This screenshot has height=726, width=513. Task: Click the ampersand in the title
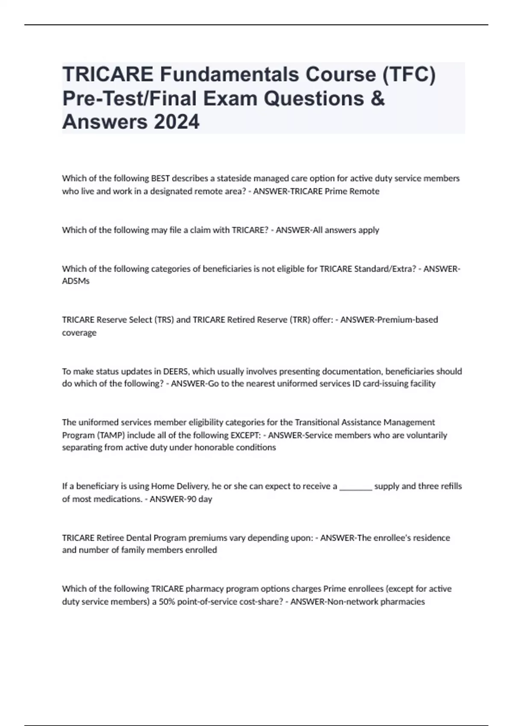(378, 98)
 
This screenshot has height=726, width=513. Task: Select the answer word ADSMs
(76, 281)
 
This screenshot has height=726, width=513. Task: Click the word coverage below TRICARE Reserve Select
(79, 332)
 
